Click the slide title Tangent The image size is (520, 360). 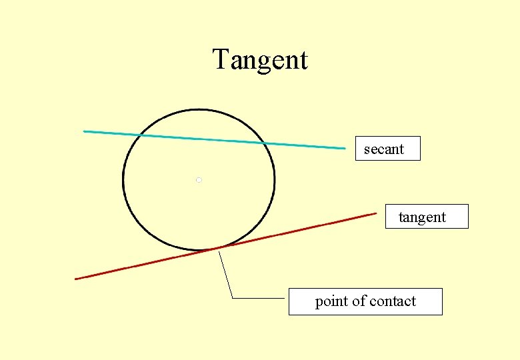point(260,60)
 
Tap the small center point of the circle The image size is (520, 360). point(199,180)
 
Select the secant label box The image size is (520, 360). point(387,149)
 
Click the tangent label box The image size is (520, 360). point(427,217)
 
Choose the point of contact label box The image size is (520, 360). point(365,301)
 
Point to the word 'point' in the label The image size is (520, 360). point(331,301)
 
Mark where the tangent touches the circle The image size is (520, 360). point(217,249)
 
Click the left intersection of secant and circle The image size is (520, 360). point(139,135)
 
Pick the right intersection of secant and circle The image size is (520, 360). point(265,143)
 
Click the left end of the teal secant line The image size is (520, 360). point(84,131)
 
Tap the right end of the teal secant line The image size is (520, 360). point(345,148)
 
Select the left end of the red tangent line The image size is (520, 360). point(76,279)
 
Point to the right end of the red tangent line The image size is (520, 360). point(376,213)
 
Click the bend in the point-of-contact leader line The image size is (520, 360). point(233,298)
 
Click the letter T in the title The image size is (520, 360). point(221,60)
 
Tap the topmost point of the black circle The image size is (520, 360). point(199,109)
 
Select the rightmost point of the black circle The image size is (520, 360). point(274,180)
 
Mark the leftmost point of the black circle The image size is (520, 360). point(123,180)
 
